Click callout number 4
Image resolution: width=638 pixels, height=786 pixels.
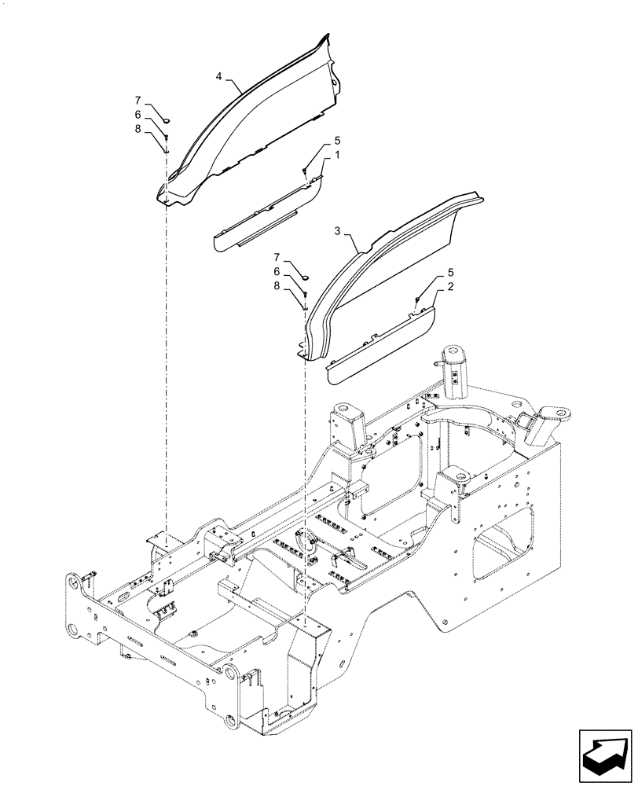click(x=220, y=77)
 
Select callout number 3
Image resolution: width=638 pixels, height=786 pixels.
click(x=337, y=231)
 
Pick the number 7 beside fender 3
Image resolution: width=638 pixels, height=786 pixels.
click(x=276, y=257)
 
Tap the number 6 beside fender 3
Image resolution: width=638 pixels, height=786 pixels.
click(x=276, y=271)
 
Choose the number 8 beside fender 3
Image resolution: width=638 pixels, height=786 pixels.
click(x=276, y=286)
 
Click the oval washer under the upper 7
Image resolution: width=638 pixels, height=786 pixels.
click(x=167, y=120)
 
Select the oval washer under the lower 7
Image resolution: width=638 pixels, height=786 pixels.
click(x=306, y=277)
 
